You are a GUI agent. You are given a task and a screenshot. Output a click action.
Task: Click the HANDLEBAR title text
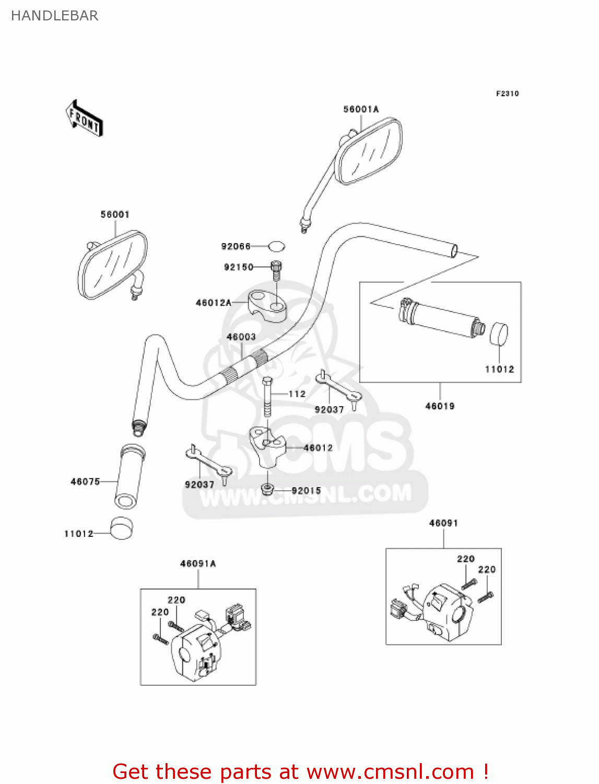pos(54,16)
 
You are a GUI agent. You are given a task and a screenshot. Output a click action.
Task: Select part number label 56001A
pos(361,109)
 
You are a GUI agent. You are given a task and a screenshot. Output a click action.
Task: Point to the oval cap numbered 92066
pos(277,246)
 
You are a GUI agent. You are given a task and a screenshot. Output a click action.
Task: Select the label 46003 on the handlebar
pos(241,337)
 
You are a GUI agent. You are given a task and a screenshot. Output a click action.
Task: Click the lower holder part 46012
pos(268,445)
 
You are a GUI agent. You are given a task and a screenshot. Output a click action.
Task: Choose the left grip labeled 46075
pos(130,476)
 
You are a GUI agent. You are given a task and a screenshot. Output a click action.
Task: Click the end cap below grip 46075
pos(122,528)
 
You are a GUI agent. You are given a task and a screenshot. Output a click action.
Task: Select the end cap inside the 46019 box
pos(499,334)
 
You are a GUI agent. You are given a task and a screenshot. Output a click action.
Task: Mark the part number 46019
pos(440,406)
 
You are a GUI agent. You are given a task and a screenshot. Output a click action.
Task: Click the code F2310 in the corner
pos(507,94)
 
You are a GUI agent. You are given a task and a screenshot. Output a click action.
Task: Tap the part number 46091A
pos(198,563)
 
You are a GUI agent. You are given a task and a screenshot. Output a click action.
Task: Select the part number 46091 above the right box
pos(443,523)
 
